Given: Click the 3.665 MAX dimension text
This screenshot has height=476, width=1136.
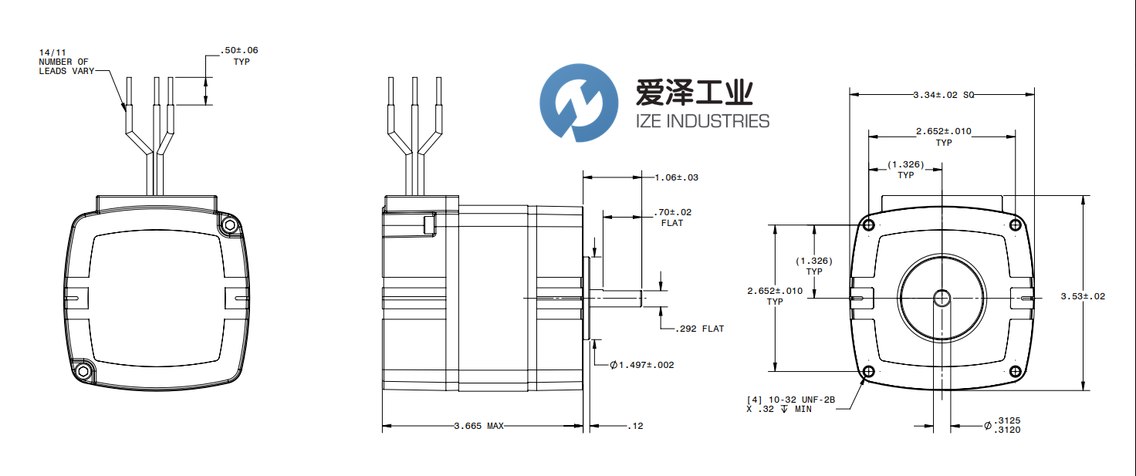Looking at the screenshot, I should point(484,426).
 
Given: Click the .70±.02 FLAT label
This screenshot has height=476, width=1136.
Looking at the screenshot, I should point(672,217).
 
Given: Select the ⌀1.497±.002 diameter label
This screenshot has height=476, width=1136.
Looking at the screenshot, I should point(641,365).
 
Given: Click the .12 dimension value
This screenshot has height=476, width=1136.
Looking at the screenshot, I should point(635,426).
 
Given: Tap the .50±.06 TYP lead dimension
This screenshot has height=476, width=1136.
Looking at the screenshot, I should point(239,56).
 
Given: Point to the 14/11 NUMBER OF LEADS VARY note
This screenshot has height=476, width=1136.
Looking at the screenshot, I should point(66,62).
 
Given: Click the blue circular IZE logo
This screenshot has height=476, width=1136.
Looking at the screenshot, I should point(579,103).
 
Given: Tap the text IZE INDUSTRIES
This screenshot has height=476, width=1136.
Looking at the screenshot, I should point(702,121).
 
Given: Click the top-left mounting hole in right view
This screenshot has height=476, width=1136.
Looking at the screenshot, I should point(869,224).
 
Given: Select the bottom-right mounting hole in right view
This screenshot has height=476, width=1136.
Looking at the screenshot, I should point(1016,372).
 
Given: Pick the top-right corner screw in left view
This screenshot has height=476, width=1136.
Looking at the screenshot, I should point(228,225).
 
